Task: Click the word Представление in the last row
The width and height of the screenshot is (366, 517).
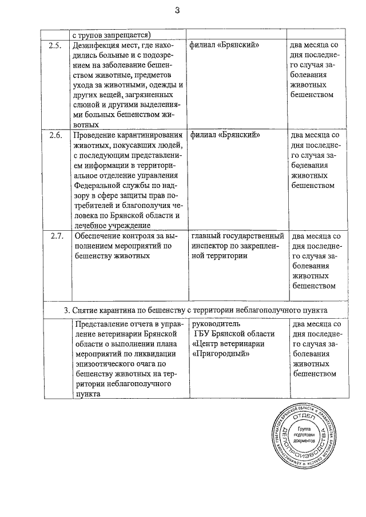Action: click(x=104, y=323)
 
